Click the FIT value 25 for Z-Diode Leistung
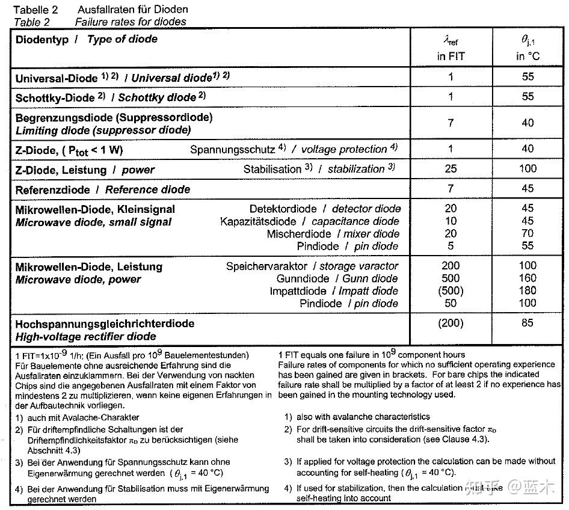(451, 169)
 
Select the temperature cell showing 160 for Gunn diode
(527, 278)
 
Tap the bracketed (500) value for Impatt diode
(451, 291)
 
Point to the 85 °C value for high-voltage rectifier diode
(527, 323)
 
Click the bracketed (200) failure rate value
(451, 323)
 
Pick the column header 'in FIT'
(451, 57)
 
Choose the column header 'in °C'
(527, 57)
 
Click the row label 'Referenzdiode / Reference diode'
(103, 190)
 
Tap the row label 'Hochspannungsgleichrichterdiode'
(105, 324)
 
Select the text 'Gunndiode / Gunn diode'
(337, 278)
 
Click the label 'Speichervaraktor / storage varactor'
(312, 266)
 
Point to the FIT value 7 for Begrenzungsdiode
(451, 123)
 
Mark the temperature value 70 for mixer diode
(527, 234)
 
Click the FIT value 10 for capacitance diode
(451, 221)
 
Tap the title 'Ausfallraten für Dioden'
(132, 10)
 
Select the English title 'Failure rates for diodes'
(131, 22)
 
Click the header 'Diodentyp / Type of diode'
(86, 40)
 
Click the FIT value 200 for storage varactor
(451, 266)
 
